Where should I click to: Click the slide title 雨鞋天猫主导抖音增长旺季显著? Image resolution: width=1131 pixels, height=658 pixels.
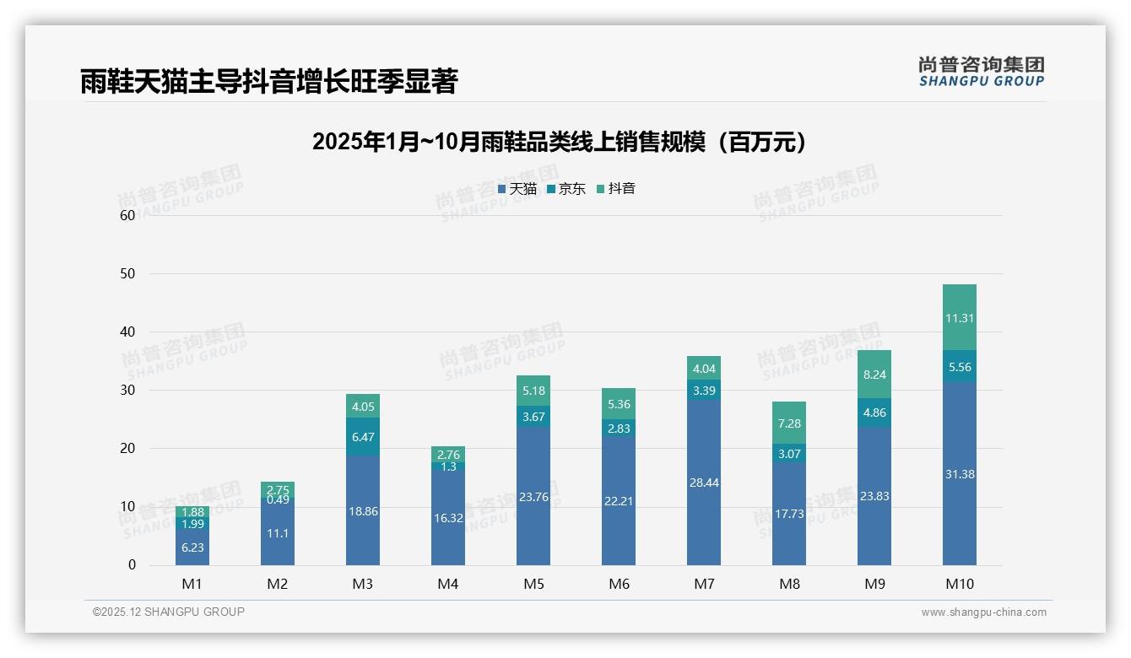click(268, 82)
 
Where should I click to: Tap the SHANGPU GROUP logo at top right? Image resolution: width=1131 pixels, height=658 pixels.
click(981, 72)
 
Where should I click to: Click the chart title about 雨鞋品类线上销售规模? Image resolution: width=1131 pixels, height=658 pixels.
click(559, 142)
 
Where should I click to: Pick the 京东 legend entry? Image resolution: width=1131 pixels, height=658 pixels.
click(565, 189)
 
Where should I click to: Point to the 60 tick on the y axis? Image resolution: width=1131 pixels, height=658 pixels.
click(127, 215)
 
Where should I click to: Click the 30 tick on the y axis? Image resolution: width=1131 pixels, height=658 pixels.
click(127, 390)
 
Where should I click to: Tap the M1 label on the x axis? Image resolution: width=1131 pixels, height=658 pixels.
click(192, 584)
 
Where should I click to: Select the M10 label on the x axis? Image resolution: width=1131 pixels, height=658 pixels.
click(959, 584)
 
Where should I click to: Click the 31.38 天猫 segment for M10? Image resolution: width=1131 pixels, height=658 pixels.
click(960, 474)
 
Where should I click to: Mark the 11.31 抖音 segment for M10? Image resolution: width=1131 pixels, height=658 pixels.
click(960, 318)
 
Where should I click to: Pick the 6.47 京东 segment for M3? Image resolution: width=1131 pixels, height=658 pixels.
click(363, 437)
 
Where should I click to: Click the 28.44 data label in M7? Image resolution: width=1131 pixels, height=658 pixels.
click(704, 483)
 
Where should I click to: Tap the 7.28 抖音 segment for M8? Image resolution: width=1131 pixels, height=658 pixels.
click(789, 423)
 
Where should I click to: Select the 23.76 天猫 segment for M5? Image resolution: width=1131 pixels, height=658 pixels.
click(533, 497)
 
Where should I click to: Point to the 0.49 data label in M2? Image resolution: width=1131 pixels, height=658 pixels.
click(278, 500)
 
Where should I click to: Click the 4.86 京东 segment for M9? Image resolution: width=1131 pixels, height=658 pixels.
click(874, 413)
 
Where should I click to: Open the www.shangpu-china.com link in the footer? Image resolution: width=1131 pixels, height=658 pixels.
click(983, 612)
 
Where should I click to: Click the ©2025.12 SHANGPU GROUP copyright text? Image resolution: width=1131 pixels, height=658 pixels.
click(169, 612)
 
